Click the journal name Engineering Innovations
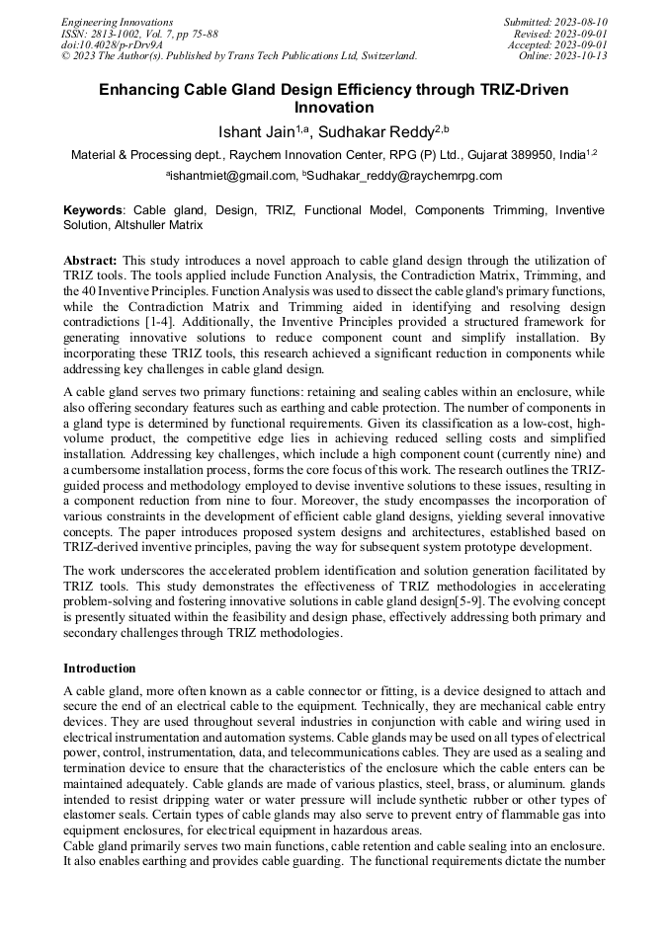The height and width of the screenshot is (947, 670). [117, 22]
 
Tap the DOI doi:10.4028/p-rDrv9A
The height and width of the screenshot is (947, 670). [112, 44]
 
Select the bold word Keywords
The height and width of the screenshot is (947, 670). [93, 210]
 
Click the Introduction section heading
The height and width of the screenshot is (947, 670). [99, 668]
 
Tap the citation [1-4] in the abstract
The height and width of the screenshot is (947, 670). [160, 323]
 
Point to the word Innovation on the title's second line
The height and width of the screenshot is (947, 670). [334, 108]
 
